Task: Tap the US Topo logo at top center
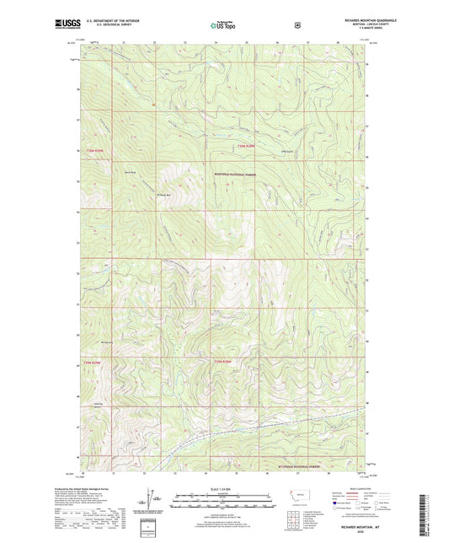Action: pos(222,26)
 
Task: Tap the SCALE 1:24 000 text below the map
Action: pos(223,489)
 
